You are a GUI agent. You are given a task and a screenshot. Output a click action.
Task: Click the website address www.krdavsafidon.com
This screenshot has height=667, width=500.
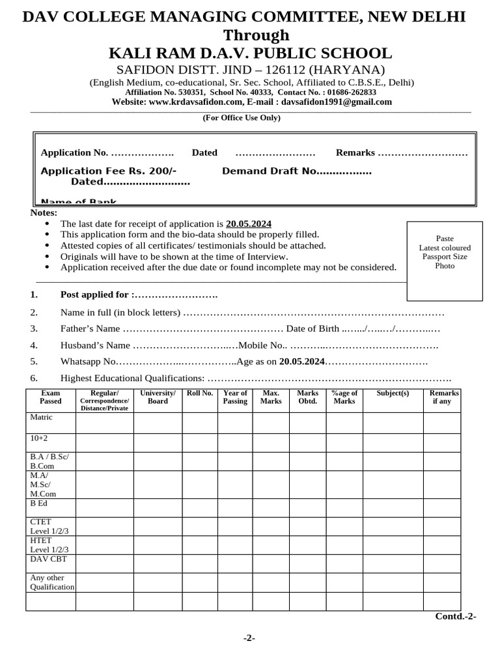click(x=195, y=102)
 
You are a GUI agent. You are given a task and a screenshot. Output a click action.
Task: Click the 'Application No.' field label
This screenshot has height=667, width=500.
click(x=74, y=152)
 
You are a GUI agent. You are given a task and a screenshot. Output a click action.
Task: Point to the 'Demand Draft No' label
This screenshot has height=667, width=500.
click(x=270, y=171)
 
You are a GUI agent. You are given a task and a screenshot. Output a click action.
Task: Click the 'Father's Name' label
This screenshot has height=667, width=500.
click(x=90, y=328)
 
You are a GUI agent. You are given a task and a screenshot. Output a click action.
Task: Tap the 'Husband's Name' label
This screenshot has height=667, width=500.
click(x=95, y=345)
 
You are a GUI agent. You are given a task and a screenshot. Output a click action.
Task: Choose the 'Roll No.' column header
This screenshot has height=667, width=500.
click(x=200, y=393)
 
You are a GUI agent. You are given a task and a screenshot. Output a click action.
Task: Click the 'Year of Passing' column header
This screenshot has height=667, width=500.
click(x=235, y=397)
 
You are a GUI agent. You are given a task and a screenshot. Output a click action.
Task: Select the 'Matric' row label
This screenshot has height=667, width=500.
click(x=41, y=417)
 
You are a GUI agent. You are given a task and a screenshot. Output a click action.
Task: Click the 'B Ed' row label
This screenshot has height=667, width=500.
click(x=39, y=504)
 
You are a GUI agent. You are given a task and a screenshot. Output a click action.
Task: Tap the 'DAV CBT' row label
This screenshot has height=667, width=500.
click(x=45, y=559)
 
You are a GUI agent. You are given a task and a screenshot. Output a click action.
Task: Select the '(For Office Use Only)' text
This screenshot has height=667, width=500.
click(x=242, y=118)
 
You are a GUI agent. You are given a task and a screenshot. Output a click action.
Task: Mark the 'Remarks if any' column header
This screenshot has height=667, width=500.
click(x=444, y=397)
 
